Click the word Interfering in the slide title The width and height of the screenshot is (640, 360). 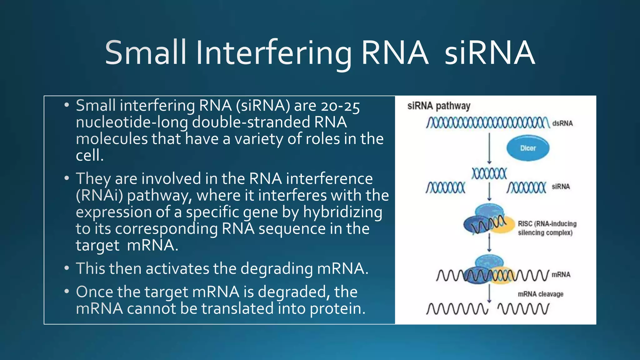pyautogui.click(x=274, y=53)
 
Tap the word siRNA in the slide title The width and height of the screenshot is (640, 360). pyautogui.click(x=489, y=53)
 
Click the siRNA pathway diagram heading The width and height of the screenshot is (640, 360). pyautogui.click(x=438, y=106)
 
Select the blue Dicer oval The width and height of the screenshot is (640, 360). pyautogui.click(x=528, y=148)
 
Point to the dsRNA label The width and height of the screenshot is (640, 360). pyautogui.click(x=562, y=123)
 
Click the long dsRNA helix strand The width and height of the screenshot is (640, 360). pyautogui.click(x=487, y=123)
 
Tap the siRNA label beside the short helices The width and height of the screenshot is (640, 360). pyautogui.click(x=561, y=187)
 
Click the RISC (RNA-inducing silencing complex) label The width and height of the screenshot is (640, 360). pyautogui.click(x=547, y=228)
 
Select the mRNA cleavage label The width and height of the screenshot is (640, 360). pyautogui.click(x=541, y=294)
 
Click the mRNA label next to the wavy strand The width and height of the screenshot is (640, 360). pyautogui.click(x=561, y=275)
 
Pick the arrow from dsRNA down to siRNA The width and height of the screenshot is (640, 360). pyautogui.click(x=489, y=148)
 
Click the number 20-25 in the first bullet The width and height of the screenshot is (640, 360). pyautogui.click(x=341, y=106)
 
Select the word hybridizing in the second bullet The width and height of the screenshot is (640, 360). pyautogui.click(x=342, y=212)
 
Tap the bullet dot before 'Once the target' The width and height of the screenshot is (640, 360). pyautogui.click(x=66, y=292)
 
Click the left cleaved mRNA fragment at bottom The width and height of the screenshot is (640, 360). pyautogui.click(x=457, y=309)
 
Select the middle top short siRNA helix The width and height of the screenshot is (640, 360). pyautogui.click(x=489, y=173)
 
